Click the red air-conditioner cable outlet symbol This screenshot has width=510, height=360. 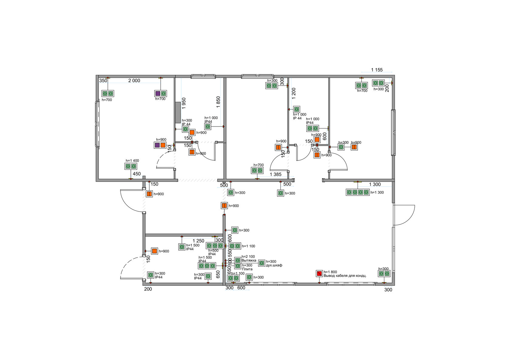coord(319,273)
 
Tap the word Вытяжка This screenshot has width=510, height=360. coord(249,261)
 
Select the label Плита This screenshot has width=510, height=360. coord(247,269)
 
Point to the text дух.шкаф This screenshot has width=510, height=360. coord(274,265)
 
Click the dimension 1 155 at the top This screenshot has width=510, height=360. coord(377,70)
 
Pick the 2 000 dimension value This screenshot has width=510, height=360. coord(134,80)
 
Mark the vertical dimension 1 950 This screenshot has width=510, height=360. coord(184,103)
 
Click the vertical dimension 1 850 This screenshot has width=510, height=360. coord(218,102)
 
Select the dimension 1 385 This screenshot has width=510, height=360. coord(276,174)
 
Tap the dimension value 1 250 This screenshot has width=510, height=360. coord(199,241)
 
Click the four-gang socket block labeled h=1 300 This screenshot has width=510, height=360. coord(358,192)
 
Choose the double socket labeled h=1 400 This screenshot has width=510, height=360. coord(131,167)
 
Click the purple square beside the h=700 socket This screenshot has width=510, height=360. coord(158,93)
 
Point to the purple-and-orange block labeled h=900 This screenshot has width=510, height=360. coord(160,145)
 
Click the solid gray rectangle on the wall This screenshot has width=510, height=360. coord(178,112)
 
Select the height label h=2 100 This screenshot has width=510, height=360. coord(248,257)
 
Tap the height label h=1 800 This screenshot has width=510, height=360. coord(330,272)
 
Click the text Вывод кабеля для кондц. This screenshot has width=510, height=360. coord(345,276)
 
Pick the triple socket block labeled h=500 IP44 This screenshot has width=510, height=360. coord(215,246)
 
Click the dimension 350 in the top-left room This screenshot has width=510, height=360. coord(103,81)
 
